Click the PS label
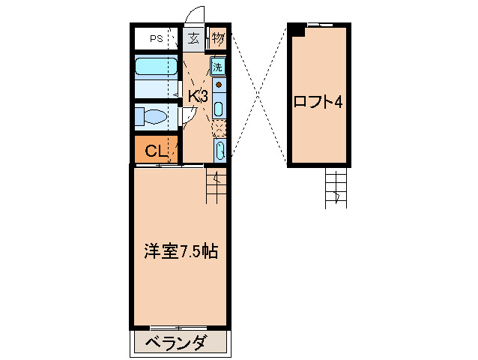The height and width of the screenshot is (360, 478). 156,38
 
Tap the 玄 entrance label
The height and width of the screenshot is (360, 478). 193,38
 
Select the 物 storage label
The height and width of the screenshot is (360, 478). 217,37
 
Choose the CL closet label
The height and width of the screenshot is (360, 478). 155,151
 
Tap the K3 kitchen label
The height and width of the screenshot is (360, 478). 197,96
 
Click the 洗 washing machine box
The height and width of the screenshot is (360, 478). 218,67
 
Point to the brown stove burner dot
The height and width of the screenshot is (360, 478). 218,85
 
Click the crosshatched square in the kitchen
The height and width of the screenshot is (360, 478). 219,127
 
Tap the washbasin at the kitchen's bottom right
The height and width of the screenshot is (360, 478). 219,151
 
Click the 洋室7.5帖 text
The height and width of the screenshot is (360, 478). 181,251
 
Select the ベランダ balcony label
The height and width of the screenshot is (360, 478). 175,343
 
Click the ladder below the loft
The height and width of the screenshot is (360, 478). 336,187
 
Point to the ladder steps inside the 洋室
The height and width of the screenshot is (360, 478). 216,185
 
